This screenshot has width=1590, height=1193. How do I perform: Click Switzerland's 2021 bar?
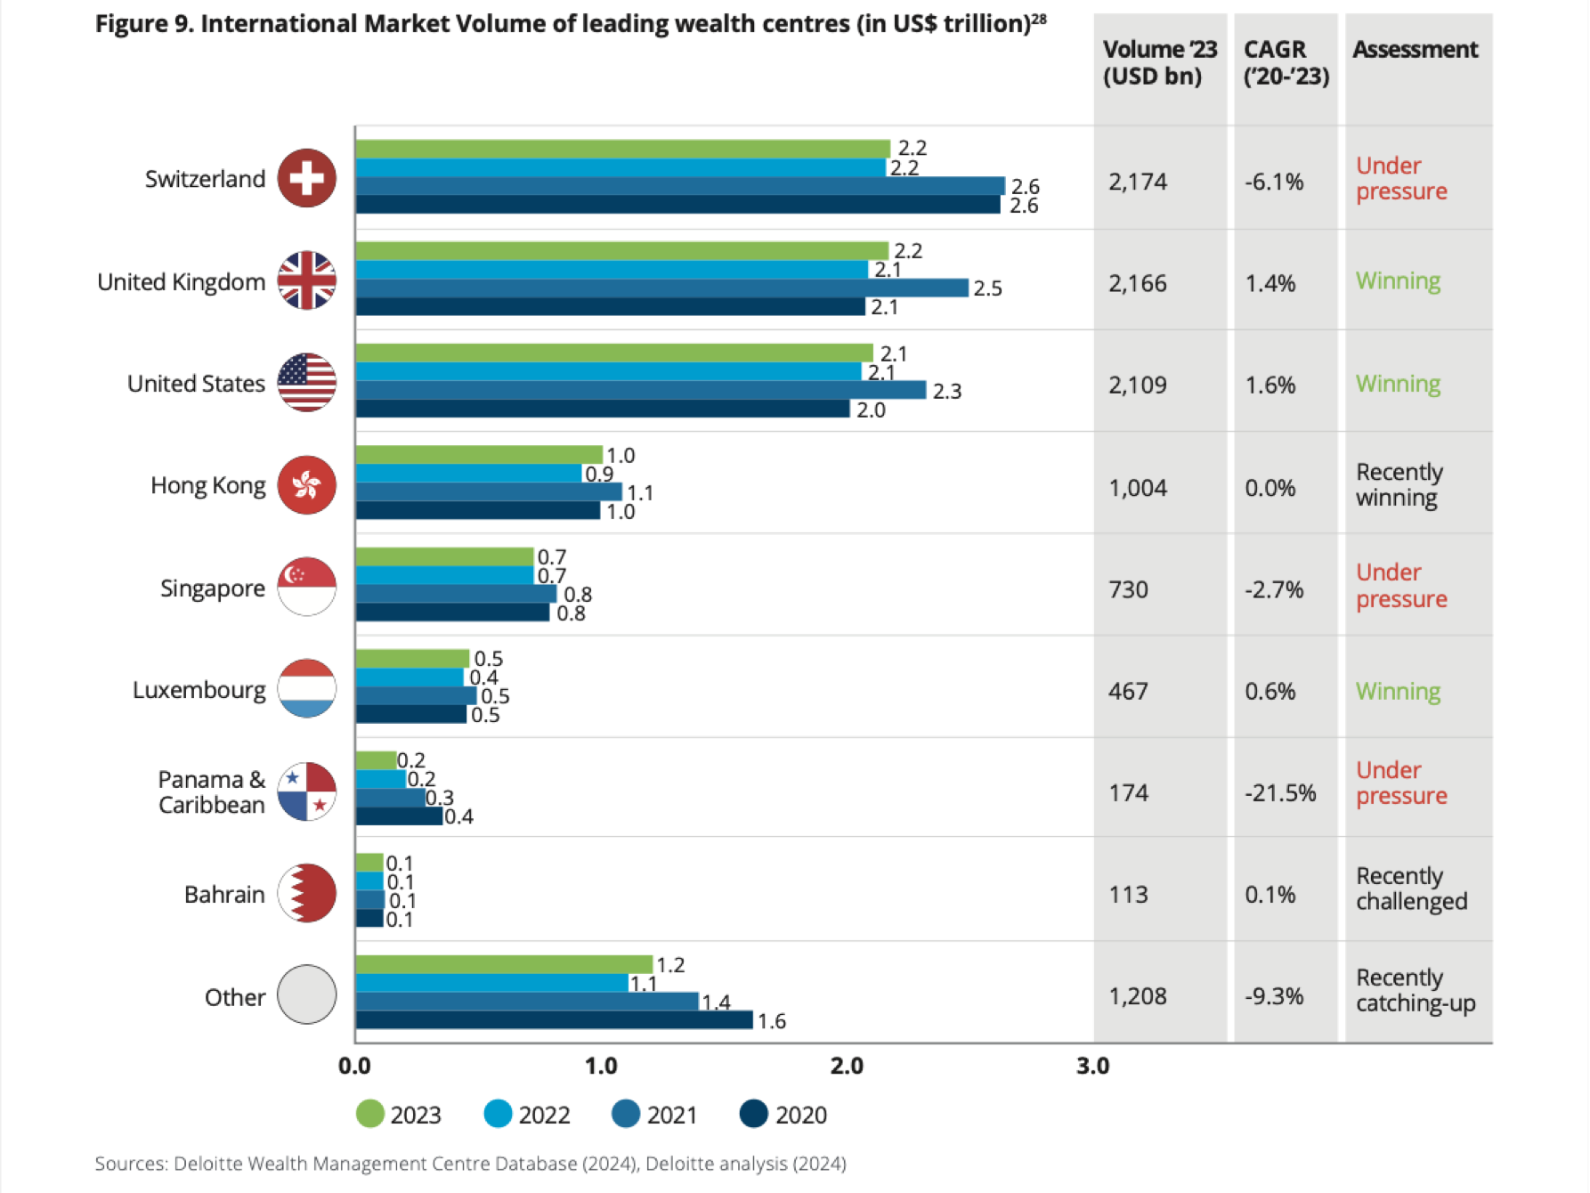(680, 186)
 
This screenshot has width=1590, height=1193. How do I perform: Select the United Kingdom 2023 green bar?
(621, 251)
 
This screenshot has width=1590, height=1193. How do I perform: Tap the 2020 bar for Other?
(554, 1020)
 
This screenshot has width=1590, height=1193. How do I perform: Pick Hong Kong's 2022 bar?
(469, 474)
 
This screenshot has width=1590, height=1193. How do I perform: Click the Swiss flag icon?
(307, 178)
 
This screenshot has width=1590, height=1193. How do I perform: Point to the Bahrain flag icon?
(307, 893)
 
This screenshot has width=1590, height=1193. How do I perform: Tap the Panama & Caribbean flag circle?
(307, 791)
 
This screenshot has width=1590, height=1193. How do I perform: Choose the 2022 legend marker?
(498, 1114)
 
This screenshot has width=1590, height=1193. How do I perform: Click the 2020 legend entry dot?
(754, 1114)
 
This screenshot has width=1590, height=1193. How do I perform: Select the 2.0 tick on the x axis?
(847, 1066)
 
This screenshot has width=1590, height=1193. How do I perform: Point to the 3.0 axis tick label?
(1092, 1066)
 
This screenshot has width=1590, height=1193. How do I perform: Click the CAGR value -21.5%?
(1280, 792)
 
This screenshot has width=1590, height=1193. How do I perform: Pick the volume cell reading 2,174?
(1138, 182)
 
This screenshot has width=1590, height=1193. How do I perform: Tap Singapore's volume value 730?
(1128, 589)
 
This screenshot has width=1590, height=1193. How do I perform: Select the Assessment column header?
(1415, 50)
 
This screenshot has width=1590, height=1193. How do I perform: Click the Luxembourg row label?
(199, 690)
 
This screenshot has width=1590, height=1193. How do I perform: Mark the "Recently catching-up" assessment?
(1415, 990)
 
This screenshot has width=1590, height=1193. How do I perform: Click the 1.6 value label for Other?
(772, 1021)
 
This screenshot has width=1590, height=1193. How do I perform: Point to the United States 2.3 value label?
(947, 392)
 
